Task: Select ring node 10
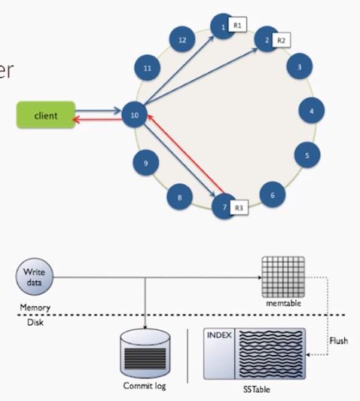[x=134, y=115]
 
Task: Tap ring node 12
[x=182, y=40]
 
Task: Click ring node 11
[x=148, y=69]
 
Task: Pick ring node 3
[x=300, y=67]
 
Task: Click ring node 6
[x=273, y=194]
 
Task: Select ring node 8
[x=179, y=198]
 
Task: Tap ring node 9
[x=146, y=161]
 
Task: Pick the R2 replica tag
[x=281, y=40]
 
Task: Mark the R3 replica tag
[x=239, y=207]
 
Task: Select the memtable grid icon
[x=280, y=275]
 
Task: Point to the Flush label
[x=339, y=341]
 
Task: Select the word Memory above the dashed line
[x=32, y=308]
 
